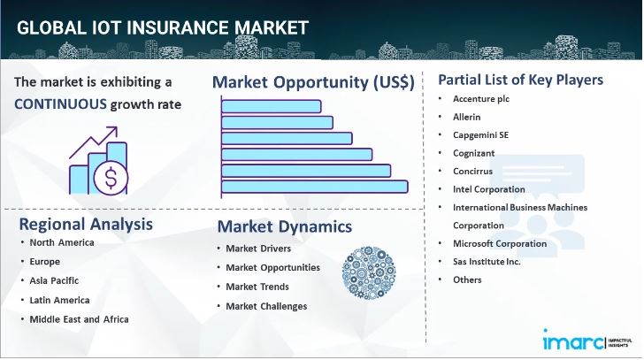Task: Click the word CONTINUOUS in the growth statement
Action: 60,103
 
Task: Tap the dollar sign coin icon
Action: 111,180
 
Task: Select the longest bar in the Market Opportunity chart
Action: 314,186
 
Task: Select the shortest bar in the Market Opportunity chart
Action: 271,106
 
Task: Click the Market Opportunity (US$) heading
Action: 313,82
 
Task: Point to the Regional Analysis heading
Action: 85,223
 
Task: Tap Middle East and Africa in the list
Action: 79,318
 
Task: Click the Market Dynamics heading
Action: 284,227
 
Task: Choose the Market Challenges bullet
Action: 266,306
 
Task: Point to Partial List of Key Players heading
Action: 520,80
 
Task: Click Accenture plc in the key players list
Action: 487,99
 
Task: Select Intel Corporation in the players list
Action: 488,189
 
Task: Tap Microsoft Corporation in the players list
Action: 499,243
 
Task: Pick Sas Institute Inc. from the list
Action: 487,262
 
